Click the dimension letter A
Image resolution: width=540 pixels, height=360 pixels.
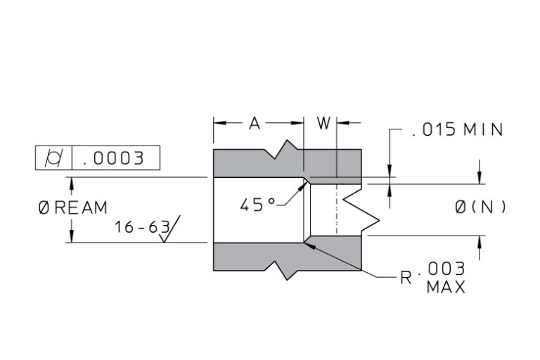tap(255, 124)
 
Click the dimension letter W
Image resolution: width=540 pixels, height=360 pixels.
tap(323, 124)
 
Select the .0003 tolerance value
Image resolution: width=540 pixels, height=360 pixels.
tap(113, 158)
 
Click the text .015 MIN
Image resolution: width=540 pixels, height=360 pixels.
tap(457, 130)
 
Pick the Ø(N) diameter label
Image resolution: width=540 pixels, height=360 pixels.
tap(480, 207)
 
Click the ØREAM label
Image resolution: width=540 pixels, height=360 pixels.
tap(73, 208)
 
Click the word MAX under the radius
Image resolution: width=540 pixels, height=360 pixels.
tap(445, 288)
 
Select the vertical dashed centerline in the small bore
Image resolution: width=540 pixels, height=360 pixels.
tap(337, 210)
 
